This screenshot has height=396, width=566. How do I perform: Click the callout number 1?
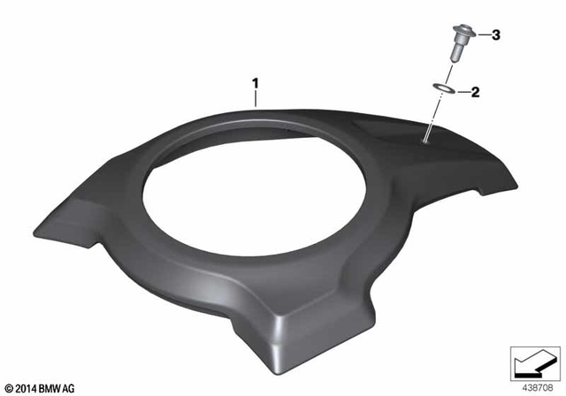(x=256, y=84)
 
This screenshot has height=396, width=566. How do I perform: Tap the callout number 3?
(x=496, y=35)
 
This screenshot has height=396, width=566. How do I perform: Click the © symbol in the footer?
(x=9, y=388)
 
